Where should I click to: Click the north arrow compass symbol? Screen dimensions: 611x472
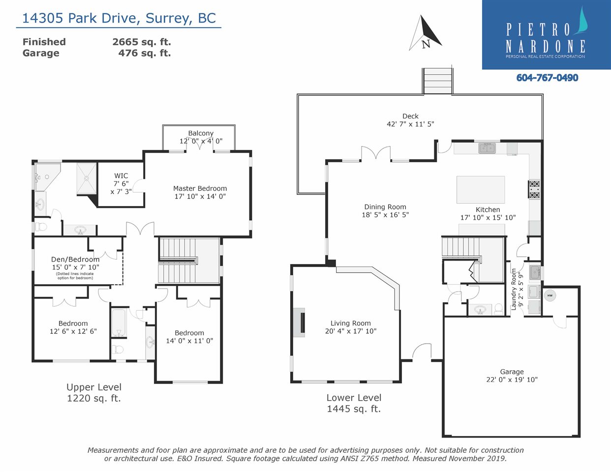pos(425,33)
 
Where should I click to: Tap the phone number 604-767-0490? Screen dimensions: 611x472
pos(547,78)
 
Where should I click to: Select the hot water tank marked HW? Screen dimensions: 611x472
pos(550,295)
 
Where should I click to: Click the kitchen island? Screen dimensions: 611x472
pos(481,190)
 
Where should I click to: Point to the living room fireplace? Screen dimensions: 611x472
pos(299,322)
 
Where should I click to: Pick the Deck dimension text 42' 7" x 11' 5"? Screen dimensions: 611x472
pos(410,124)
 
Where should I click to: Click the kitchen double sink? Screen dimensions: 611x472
pos(487,148)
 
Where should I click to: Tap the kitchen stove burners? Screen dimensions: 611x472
pos(534,189)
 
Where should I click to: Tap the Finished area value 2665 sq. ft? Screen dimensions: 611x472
pos(142,42)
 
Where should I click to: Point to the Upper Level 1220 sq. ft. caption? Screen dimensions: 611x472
pos(94,392)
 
